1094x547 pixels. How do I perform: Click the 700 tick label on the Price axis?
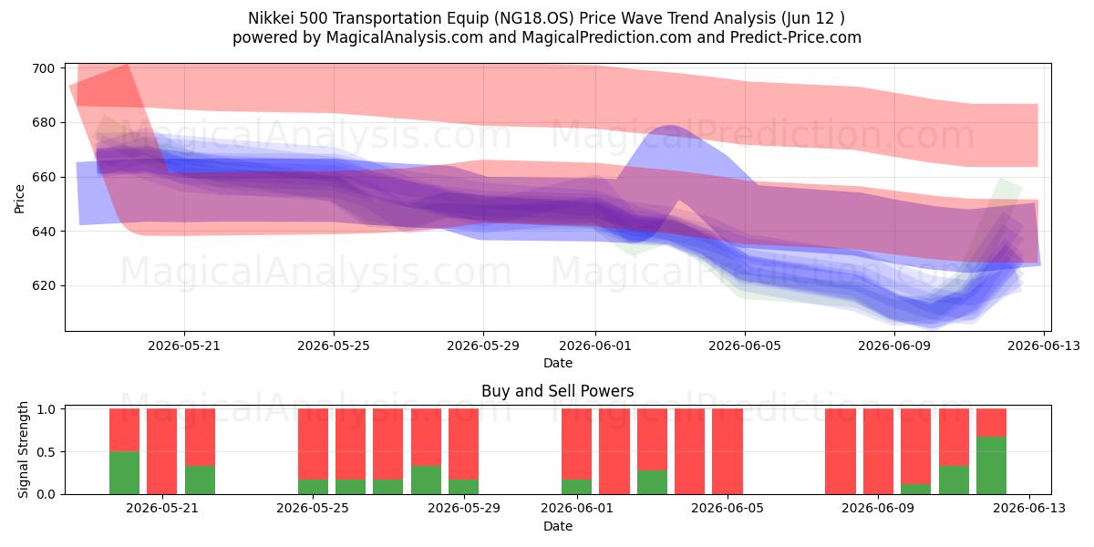tap(43, 68)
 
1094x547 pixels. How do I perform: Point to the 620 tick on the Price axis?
tap(43, 285)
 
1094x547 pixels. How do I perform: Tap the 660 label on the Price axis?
tap(43, 177)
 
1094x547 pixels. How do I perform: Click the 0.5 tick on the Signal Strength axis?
tap(46, 452)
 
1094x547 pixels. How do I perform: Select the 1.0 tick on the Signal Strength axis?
tap(46, 408)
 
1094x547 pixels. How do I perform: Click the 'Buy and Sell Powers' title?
tap(557, 391)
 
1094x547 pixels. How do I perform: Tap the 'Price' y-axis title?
tap(19, 199)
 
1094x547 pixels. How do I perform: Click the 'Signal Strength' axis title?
tap(23, 449)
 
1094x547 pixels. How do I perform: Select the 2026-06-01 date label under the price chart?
tap(594, 346)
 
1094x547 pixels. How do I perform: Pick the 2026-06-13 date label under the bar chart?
tap(1029, 508)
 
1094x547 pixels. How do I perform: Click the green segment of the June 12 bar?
tap(992, 466)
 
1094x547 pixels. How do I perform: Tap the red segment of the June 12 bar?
tap(992, 422)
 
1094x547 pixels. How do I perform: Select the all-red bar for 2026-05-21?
tap(161, 451)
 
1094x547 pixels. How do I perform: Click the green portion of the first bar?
tap(124, 473)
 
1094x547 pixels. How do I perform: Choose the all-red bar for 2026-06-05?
tap(728, 451)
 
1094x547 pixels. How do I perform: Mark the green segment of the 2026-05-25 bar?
tap(313, 487)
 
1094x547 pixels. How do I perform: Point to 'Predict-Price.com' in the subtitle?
tap(796, 37)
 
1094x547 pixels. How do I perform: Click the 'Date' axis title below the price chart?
tap(558, 363)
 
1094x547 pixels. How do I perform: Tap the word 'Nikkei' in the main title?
tap(271, 18)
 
